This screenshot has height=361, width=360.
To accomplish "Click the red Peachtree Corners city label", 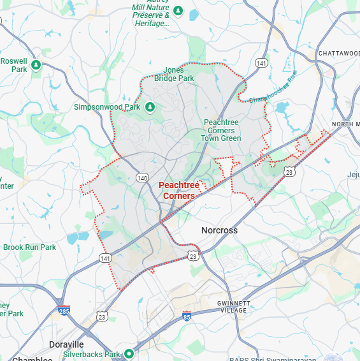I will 178,190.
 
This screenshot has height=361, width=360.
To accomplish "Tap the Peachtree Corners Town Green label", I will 221,130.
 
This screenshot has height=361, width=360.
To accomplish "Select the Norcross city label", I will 219,230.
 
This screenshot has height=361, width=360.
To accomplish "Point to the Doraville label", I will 66,344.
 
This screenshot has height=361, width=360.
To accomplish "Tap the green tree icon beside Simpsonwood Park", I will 150,107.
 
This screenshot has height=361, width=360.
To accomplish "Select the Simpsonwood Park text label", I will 106,107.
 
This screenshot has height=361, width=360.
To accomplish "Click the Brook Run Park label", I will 29,247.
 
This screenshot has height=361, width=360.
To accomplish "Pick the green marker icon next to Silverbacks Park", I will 129,353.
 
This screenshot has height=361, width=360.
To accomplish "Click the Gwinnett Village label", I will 232,306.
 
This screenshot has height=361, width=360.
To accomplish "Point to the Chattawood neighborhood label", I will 339,53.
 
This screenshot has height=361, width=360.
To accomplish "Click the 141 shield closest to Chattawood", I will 261,63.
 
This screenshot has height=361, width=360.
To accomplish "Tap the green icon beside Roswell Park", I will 36,64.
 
